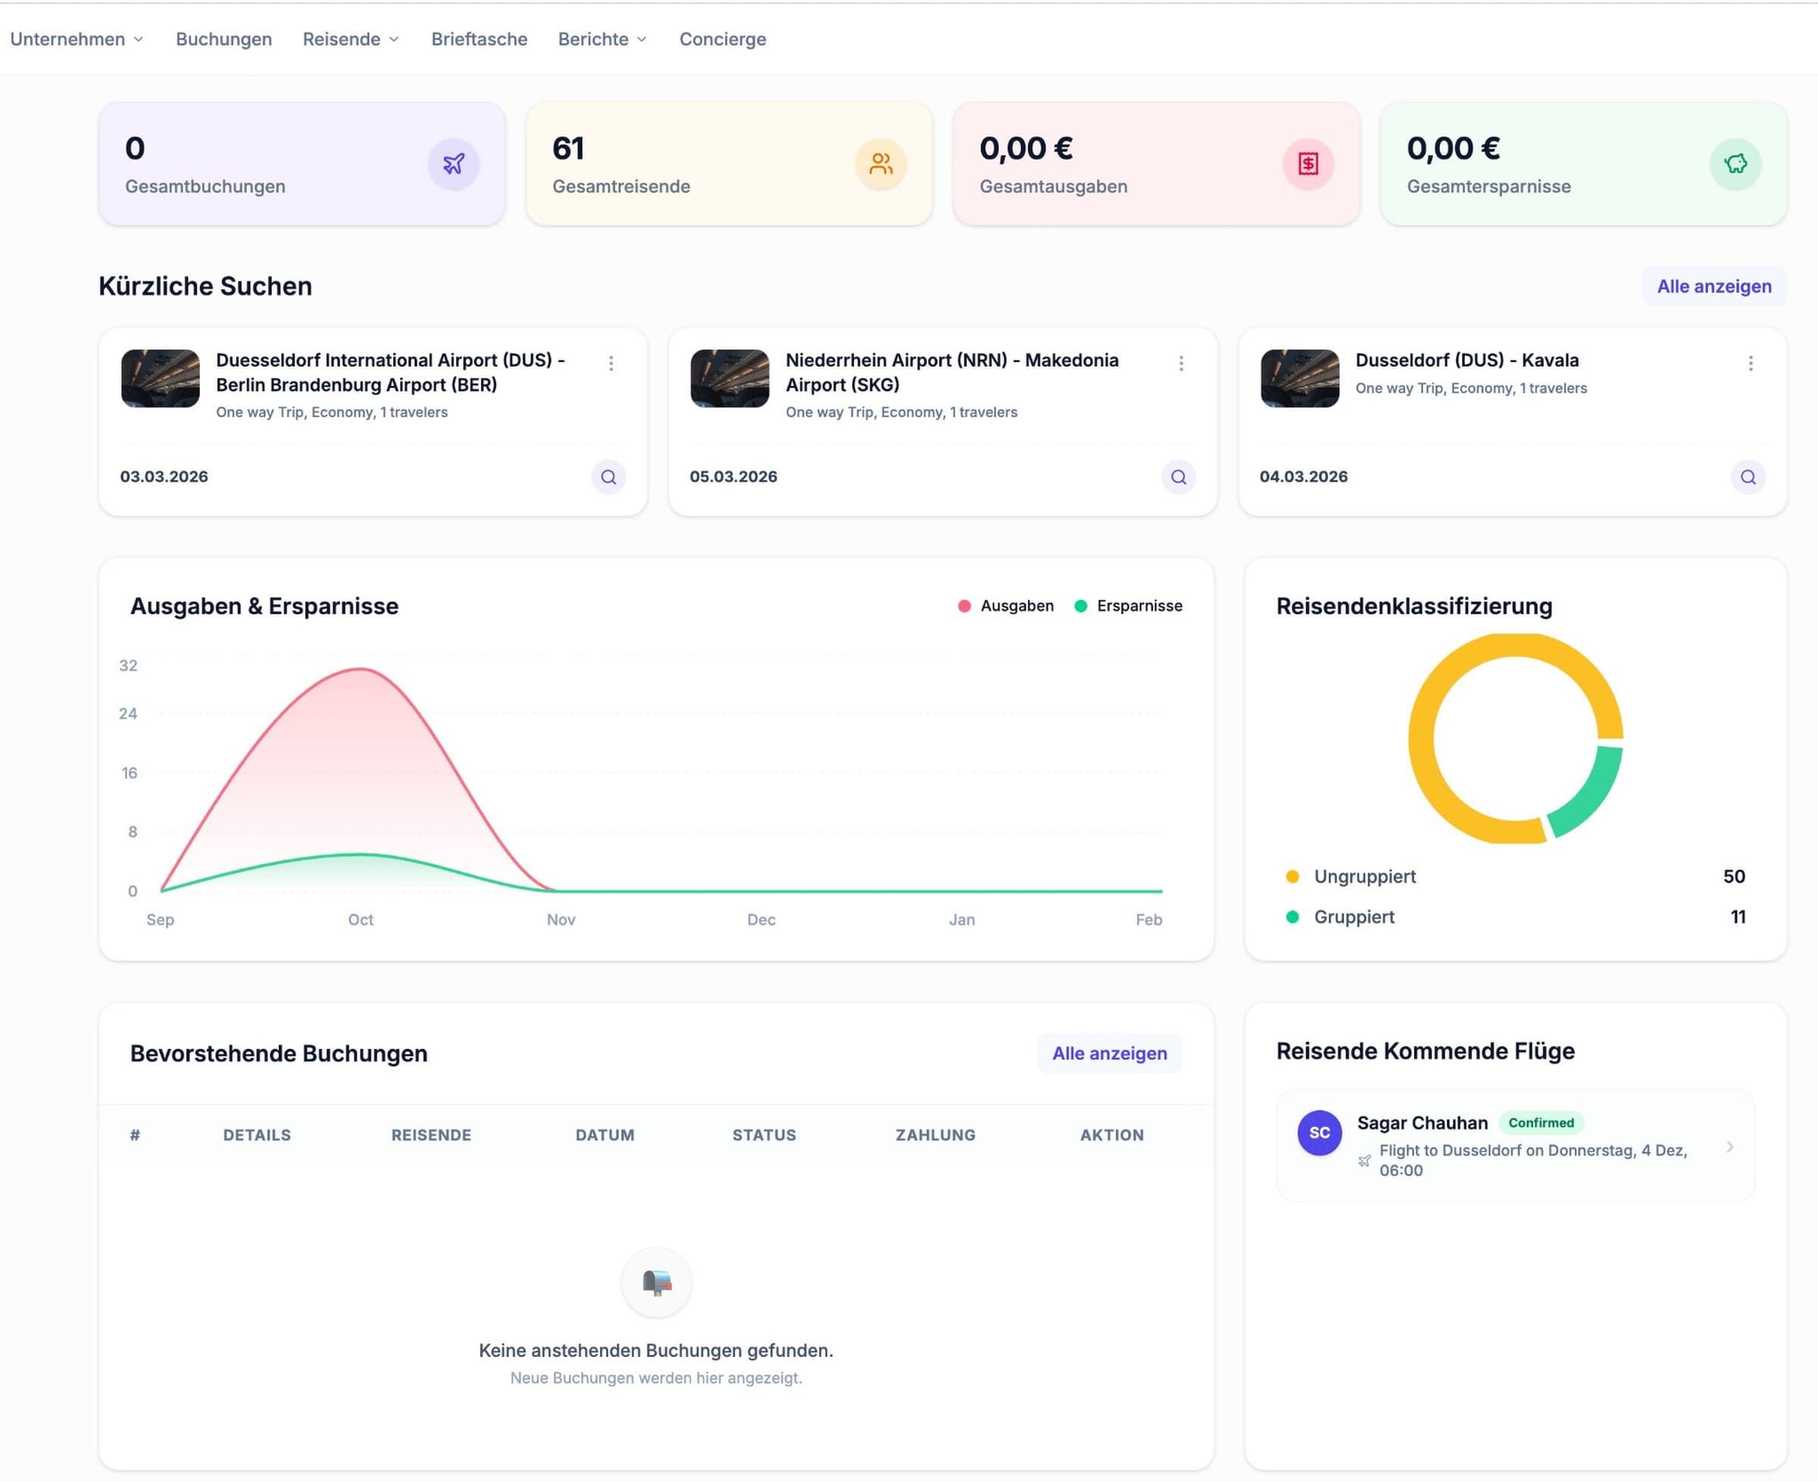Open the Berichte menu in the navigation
601,39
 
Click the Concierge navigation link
723,39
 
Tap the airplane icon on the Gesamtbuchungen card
454,163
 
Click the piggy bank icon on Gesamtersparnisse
1735,163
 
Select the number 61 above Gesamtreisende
568,148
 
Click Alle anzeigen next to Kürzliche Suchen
1713,286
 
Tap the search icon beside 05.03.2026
1178,476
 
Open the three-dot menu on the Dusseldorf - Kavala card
1750,363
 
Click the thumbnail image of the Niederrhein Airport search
729,378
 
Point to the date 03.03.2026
164,476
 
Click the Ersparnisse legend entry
1128,606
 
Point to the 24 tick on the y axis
128,713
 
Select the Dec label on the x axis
761,919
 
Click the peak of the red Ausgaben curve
361,669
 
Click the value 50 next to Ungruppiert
1732,877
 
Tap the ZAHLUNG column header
935,1134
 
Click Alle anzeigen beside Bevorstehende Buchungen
1108,1053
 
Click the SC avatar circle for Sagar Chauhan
1319,1133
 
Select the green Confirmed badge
1541,1122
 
